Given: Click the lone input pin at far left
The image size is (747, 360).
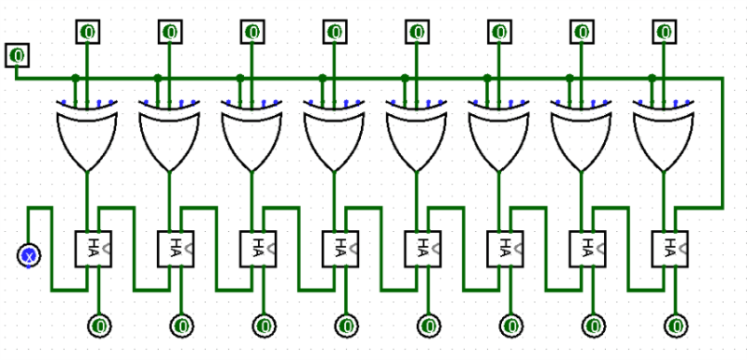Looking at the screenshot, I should coord(17,55).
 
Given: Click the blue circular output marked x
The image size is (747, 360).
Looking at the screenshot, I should coord(29,254).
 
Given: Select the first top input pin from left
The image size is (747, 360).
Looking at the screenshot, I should coord(87,32).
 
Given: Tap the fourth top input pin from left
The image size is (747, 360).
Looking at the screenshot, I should coord(335,32).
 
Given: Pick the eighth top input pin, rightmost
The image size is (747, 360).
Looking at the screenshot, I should coord(665,32).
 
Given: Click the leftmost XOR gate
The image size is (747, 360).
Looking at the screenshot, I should coord(87,136).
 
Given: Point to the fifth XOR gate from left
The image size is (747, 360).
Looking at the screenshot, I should coord(417,136).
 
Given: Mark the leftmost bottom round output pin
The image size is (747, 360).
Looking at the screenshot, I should coord(99,325).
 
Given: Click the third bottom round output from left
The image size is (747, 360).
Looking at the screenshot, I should coord(264,325).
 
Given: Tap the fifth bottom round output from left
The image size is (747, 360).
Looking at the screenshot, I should coord(429,325).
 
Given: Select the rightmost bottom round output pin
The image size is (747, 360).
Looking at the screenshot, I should coord(676,325).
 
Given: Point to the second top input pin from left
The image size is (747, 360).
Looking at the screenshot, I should coord(169,32).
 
